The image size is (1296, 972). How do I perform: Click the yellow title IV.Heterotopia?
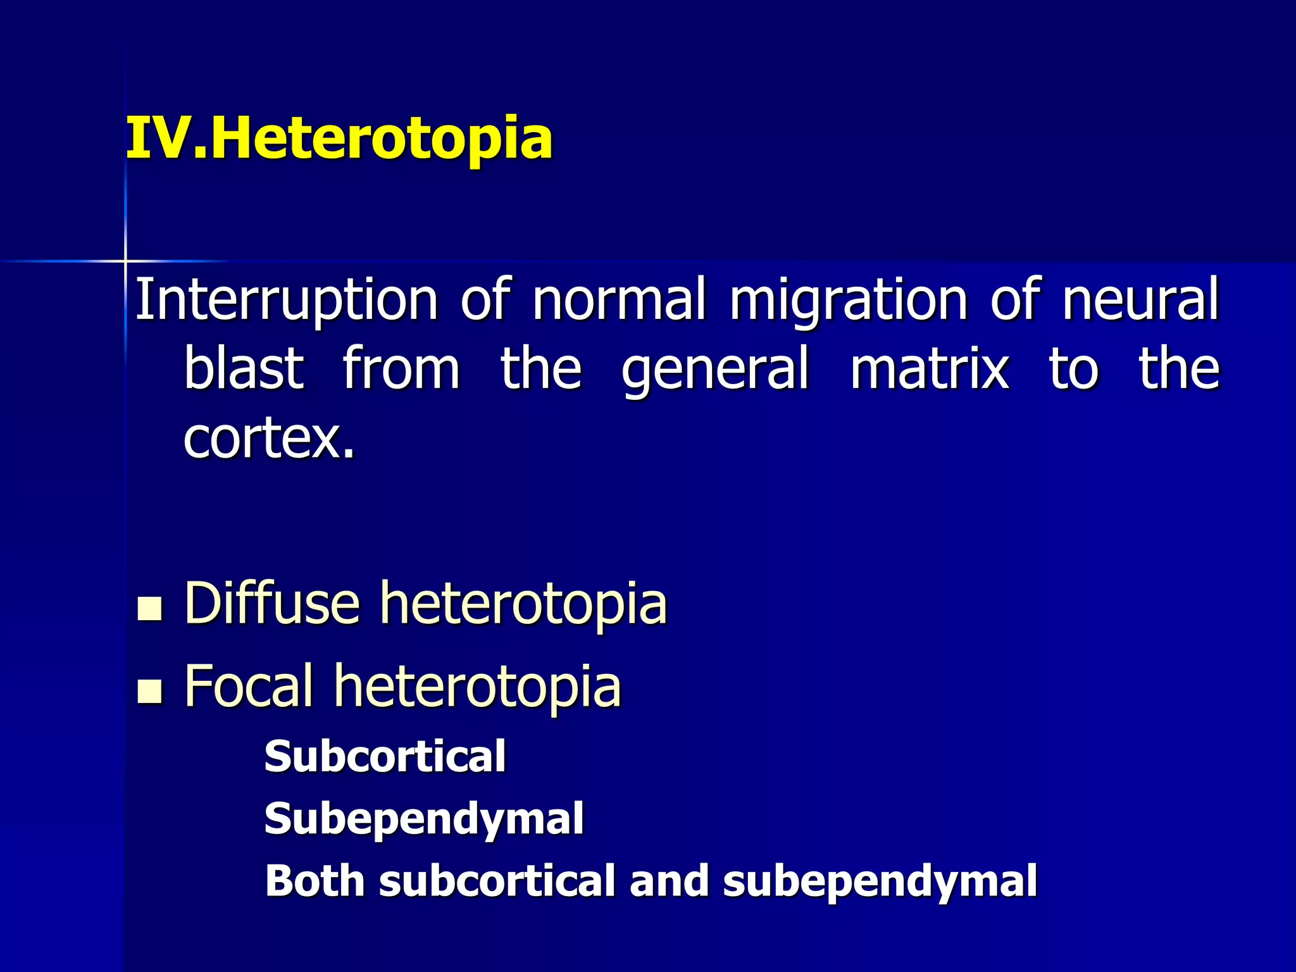click(x=339, y=138)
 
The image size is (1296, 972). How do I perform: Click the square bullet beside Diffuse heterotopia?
click(x=150, y=608)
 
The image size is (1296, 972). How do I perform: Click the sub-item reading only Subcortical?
click(x=385, y=756)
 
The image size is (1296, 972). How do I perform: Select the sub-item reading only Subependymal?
click(x=424, y=819)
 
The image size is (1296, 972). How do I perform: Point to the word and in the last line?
click(x=669, y=880)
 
